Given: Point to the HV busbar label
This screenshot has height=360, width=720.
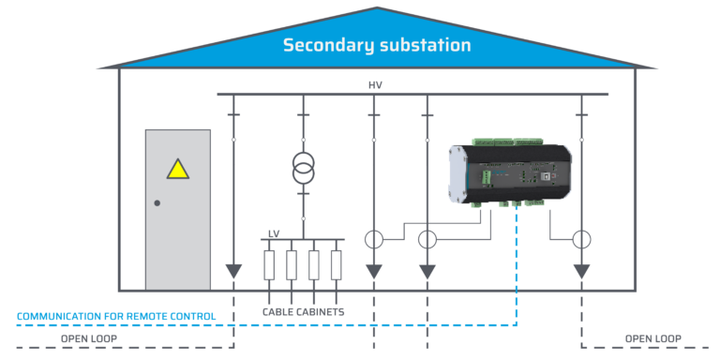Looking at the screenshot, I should click(x=375, y=85).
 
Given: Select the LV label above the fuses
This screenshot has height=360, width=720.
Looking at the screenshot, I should click(x=274, y=233).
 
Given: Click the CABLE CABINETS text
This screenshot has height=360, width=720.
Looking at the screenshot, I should click(x=303, y=311).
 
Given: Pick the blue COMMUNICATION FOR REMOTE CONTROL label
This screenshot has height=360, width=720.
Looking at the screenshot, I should click(x=116, y=316).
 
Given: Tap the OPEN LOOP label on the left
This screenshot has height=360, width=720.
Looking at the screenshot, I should click(x=89, y=338).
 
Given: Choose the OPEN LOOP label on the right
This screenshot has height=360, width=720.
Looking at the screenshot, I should click(x=653, y=338).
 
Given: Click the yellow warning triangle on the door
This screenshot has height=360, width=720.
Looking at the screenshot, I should click(x=177, y=170).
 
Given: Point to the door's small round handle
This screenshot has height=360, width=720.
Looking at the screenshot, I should click(x=157, y=203).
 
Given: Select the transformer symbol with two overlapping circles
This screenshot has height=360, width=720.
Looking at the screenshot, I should click(x=303, y=168).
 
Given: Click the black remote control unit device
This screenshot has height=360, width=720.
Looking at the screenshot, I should click(x=511, y=172).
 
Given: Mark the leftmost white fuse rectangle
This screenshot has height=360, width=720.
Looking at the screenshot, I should click(x=269, y=264).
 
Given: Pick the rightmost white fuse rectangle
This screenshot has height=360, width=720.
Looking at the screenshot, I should click(x=337, y=264).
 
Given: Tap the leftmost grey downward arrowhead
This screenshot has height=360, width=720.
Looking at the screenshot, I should click(x=233, y=271).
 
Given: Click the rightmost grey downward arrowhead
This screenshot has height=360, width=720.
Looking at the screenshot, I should click(x=581, y=271).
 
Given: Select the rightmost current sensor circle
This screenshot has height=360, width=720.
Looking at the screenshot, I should click(x=581, y=239).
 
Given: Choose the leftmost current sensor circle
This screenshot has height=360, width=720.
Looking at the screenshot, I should click(x=374, y=239).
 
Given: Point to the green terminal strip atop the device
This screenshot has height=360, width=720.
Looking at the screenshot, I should click(x=506, y=142).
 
